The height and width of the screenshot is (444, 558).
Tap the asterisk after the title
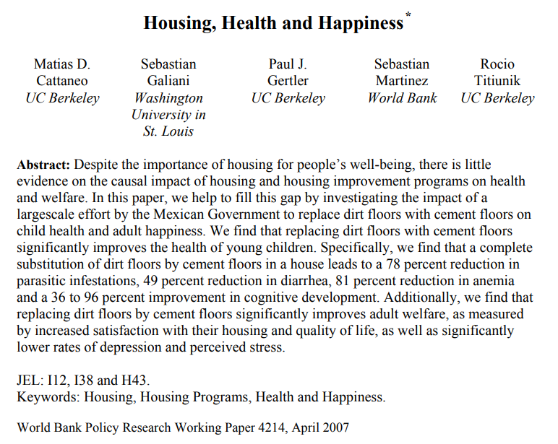click(408, 15)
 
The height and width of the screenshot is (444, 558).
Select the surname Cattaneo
click(62, 81)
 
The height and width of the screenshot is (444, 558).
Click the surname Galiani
click(168, 81)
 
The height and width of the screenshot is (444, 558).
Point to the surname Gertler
click(288, 81)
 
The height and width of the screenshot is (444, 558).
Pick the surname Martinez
click(402, 81)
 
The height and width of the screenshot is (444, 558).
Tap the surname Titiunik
click(498, 81)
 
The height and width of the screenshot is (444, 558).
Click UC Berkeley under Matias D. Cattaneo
click(62, 98)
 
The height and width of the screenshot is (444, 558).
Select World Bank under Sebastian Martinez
click(402, 98)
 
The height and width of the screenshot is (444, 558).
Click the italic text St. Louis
click(168, 131)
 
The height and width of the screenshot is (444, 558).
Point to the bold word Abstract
click(43, 165)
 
